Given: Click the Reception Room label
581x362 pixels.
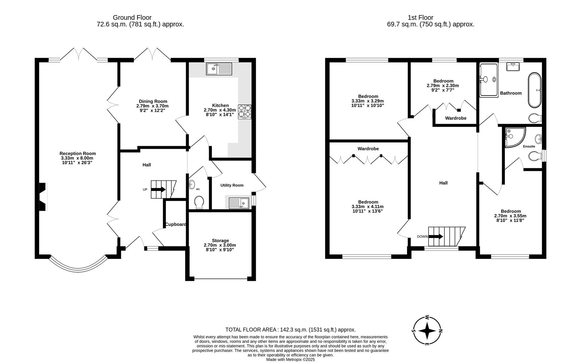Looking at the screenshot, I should click(77, 154).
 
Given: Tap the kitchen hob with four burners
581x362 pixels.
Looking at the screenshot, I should click(244, 112).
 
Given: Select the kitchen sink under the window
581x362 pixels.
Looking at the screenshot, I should click(219, 69).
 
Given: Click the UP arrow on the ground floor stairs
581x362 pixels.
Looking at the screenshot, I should click(158, 189).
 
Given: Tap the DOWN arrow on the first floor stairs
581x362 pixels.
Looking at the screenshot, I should click(435, 236).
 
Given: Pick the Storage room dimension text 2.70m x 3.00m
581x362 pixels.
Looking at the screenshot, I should click(220, 245).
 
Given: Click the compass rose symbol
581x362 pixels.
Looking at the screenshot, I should click(427, 331).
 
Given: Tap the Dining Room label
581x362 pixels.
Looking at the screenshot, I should click(153, 101).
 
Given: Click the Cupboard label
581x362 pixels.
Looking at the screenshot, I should click(175, 224).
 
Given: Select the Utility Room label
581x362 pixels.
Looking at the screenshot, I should click(232, 185).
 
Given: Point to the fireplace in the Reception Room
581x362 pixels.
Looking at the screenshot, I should click(43, 197).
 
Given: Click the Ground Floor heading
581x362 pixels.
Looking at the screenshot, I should click(132, 17).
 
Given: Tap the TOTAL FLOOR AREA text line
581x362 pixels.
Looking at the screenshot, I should click(290, 329).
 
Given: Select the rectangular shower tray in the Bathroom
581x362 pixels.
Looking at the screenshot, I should click(489, 80).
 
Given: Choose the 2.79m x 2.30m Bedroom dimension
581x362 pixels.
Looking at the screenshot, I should click(443, 85).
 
